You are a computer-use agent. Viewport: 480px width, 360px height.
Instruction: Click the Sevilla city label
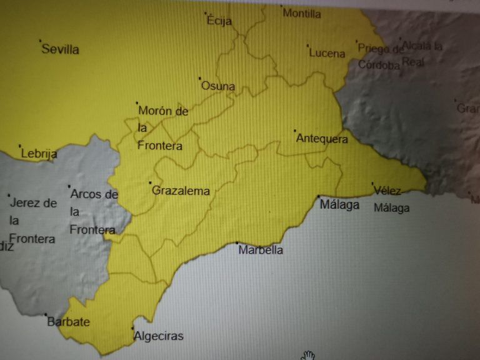[x=60, y=49]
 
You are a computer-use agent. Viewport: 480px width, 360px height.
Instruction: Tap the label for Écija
[x=219, y=21]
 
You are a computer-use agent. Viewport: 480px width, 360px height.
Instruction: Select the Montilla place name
[x=302, y=13]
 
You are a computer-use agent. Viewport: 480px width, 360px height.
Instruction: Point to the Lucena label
[x=327, y=53]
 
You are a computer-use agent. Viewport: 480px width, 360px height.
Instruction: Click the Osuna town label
[x=217, y=86]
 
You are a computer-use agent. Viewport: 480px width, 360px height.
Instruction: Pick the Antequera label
[x=322, y=139]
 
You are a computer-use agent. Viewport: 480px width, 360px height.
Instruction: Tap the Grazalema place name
[x=181, y=191]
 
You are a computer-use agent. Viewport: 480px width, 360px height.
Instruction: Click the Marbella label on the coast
[x=261, y=250]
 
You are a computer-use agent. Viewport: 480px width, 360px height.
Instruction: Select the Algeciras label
[x=159, y=336]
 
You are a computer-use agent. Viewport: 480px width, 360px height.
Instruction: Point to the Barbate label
[x=69, y=322]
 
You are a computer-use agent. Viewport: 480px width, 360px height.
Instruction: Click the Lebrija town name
[x=39, y=154]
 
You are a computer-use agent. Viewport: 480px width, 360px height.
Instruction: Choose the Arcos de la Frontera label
[x=93, y=212]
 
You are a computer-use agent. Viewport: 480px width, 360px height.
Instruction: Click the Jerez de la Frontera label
[x=33, y=221]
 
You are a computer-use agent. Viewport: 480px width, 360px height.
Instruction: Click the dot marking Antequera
[x=294, y=131]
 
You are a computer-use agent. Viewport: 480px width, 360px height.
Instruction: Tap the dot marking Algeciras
[x=132, y=327]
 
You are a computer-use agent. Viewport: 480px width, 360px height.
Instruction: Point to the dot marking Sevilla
[x=41, y=41]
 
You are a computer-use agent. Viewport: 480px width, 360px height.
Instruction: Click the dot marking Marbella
[x=237, y=242]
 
